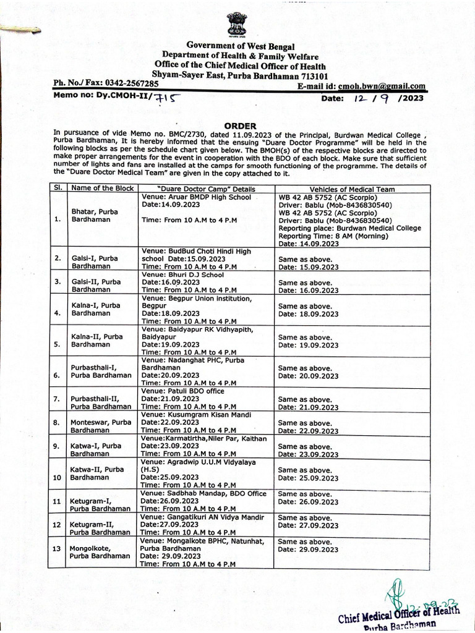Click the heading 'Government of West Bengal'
click(x=241, y=47)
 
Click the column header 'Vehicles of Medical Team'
click(x=353, y=189)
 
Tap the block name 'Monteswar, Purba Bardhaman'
click(x=101, y=425)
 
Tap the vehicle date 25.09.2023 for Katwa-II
click(x=308, y=478)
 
